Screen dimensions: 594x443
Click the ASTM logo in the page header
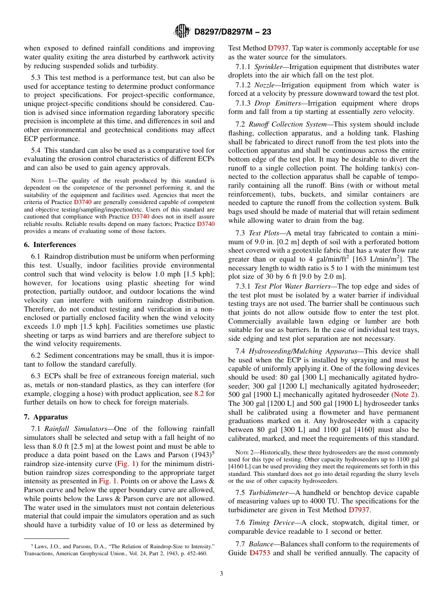pyautogui.click(x=182, y=31)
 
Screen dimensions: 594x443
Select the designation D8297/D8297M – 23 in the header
pyautogui.click(x=232, y=32)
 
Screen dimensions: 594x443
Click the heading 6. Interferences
pyautogui.click(x=50, y=245)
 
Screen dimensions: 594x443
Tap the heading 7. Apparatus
pyautogui.click(x=46, y=417)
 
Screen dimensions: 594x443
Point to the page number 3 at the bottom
pyautogui.click(x=221, y=573)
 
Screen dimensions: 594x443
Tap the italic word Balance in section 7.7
pyautogui.click(x=261, y=544)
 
